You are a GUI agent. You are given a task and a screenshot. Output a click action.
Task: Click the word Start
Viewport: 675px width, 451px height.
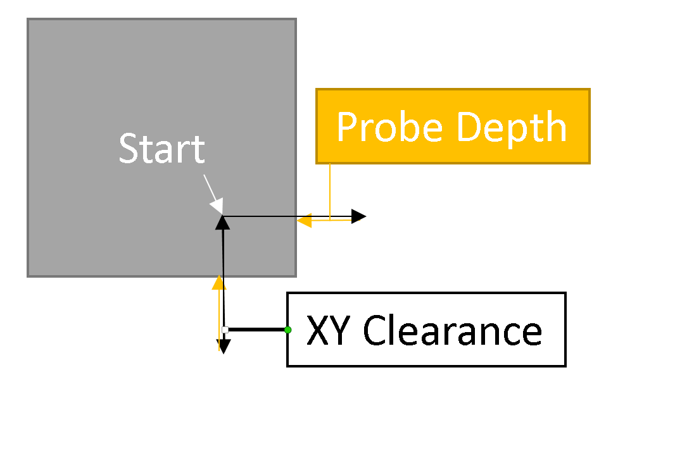pos(161,149)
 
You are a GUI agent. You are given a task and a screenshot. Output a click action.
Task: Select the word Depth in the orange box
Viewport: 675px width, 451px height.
pos(511,127)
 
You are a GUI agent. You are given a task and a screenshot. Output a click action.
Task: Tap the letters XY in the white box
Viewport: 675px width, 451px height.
pos(327,331)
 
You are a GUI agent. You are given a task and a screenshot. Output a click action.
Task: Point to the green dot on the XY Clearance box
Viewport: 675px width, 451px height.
pos(287,330)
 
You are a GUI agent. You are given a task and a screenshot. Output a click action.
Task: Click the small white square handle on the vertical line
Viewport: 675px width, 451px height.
pos(225,330)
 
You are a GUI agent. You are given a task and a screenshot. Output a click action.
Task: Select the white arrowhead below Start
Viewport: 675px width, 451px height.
pos(217,206)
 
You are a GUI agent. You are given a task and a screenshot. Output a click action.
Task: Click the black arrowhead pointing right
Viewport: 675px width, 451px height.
pos(359,217)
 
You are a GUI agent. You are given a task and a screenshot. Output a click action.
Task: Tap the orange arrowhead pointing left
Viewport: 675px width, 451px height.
pos(304,220)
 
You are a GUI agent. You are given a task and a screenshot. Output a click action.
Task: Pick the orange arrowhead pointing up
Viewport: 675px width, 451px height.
pos(219,282)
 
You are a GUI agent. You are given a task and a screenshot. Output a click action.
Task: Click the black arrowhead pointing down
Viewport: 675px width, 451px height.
pos(224,346)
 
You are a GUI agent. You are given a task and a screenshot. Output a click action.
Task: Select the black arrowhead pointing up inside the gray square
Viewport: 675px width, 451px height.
pos(222,221)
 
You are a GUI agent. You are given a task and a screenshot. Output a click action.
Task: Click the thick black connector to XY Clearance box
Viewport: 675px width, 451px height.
pos(256,330)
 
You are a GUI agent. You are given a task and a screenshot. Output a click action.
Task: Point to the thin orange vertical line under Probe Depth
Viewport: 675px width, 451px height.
pos(330,190)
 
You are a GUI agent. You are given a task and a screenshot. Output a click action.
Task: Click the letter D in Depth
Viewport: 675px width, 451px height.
pos(467,127)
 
